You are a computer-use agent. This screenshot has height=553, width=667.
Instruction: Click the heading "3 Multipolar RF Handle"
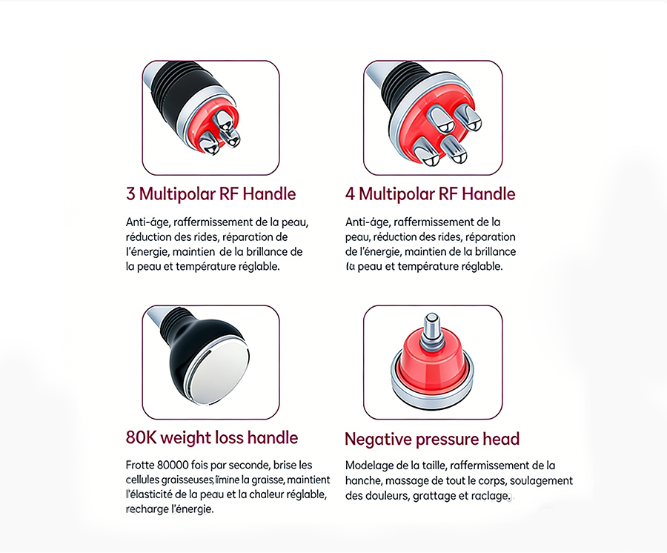[x=210, y=194]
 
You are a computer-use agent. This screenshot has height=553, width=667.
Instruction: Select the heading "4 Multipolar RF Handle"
[x=430, y=194]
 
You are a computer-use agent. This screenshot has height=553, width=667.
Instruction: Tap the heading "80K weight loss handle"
[x=212, y=437]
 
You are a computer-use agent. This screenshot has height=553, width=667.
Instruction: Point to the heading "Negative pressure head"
[x=432, y=439]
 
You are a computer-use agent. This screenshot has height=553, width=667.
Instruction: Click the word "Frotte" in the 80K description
[x=140, y=465]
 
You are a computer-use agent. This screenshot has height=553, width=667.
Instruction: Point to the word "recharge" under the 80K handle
[x=145, y=509]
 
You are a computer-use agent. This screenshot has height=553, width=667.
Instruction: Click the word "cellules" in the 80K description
[x=142, y=480]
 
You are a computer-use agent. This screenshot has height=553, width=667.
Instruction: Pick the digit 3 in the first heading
[x=130, y=194]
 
